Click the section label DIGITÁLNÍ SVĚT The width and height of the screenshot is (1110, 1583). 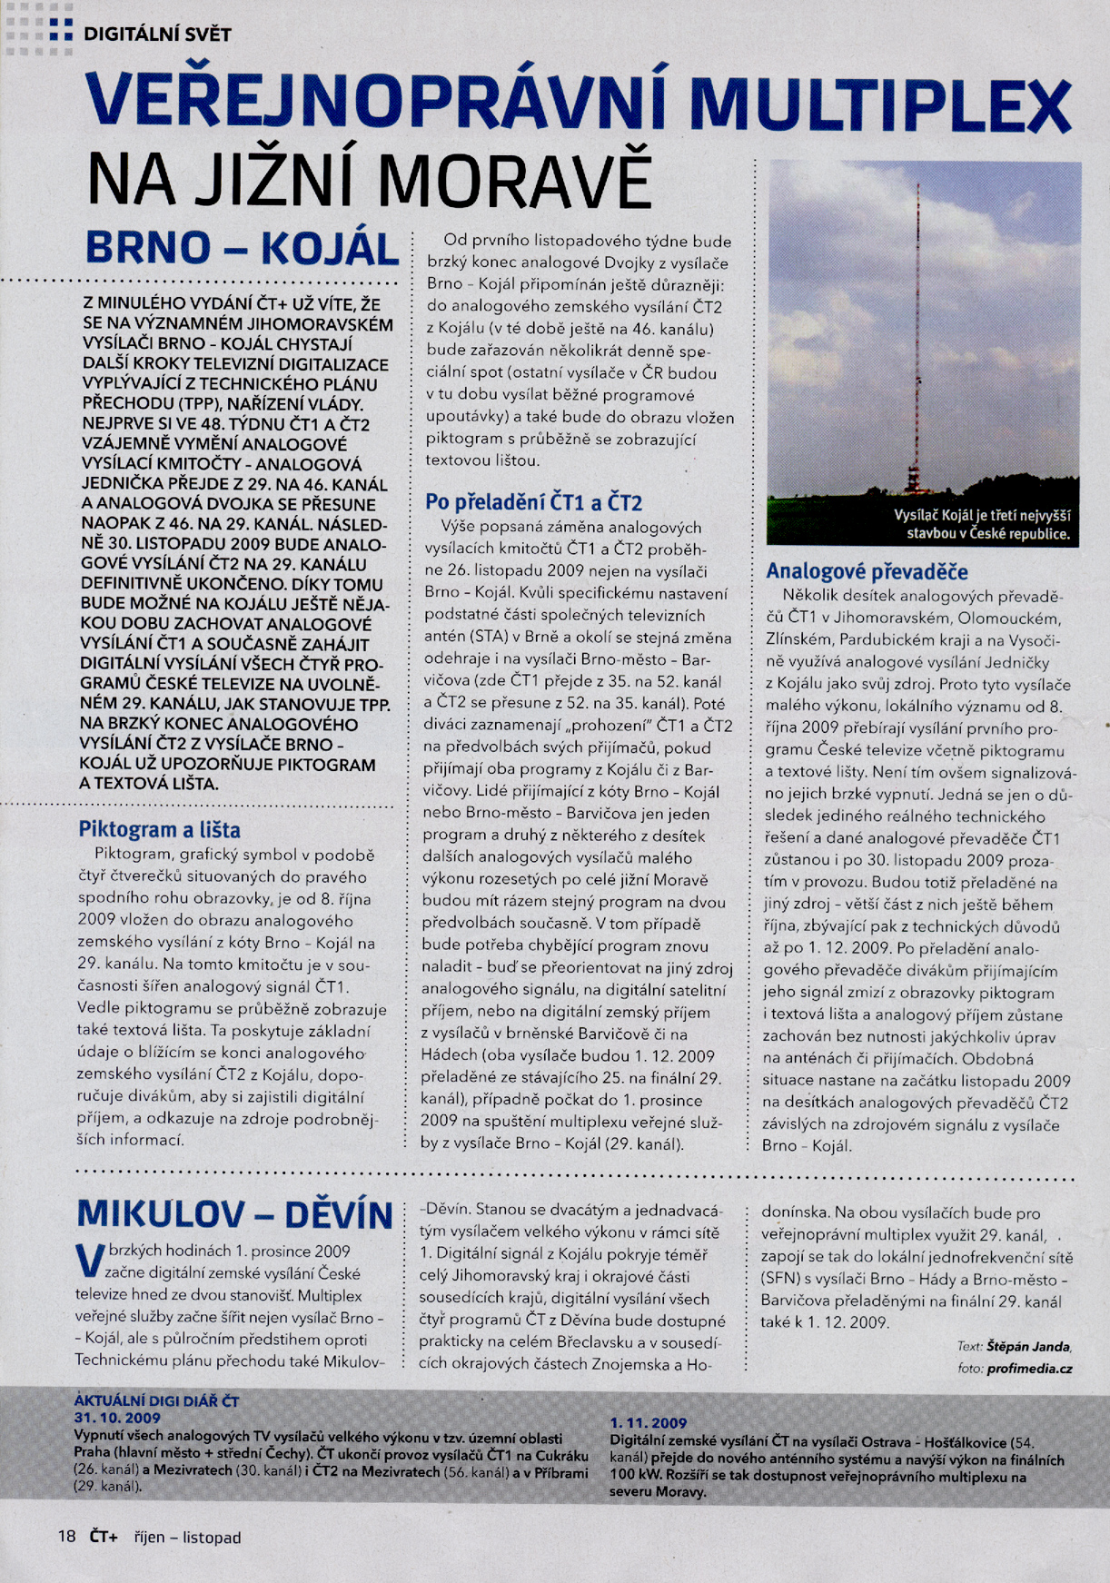156,35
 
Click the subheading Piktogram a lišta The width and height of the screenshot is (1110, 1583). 159,829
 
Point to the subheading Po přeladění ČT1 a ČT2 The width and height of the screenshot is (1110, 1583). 534,502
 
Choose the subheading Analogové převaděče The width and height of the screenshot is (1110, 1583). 867,572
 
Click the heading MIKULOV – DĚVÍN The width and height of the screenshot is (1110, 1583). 235,1214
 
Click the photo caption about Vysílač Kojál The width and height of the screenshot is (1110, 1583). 981,525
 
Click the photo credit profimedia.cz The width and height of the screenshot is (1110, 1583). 1028,1369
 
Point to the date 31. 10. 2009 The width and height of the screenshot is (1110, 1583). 117,1418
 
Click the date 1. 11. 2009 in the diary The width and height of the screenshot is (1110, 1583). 648,1423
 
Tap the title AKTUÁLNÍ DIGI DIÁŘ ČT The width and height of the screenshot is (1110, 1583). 156,1401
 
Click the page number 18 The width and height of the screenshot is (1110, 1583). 66,1537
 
